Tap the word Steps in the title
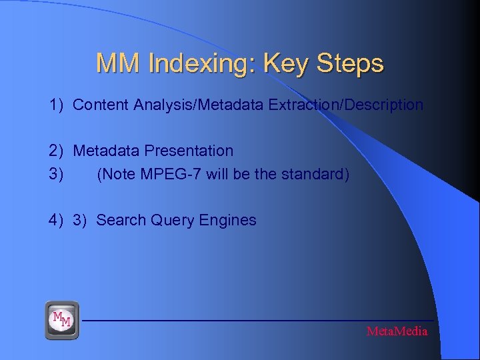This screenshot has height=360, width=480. click(x=350, y=63)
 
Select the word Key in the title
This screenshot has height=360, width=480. click(x=284, y=64)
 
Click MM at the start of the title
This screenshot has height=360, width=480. click(x=118, y=63)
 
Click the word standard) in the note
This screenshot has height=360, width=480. click(x=319, y=175)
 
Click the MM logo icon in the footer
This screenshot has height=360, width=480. click(x=61, y=320)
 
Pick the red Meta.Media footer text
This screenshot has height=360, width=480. click(x=397, y=331)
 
